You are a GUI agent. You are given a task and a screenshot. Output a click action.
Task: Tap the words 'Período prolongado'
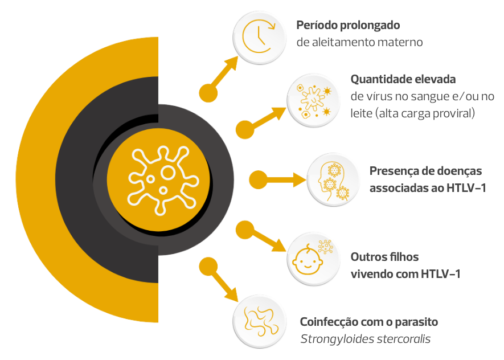[x=348, y=26]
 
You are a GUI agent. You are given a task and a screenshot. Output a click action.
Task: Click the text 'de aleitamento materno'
[x=359, y=42]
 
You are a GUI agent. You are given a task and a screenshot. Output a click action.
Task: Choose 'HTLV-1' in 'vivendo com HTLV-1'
[x=441, y=274]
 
